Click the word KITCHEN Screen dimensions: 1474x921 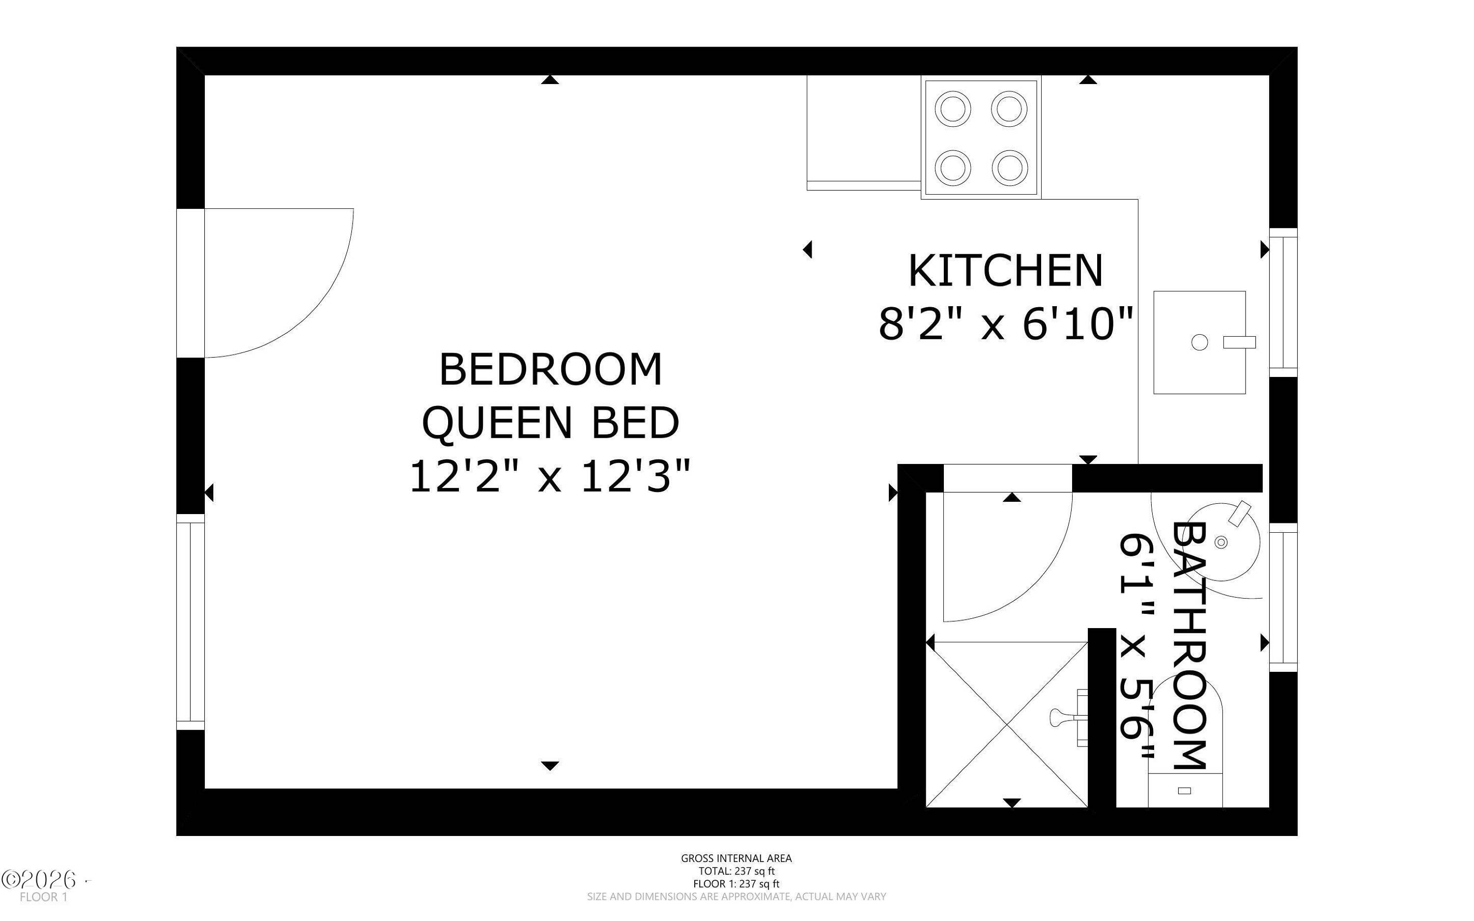coord(1005,271)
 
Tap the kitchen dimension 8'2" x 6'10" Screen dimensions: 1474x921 coord(1005,323)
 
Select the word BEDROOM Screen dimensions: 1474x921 coord(550,369)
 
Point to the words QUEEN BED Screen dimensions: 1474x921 coord(550,423)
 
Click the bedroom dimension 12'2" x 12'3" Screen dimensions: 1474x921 coord(550,476)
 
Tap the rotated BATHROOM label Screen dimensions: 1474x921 coord(1189,645)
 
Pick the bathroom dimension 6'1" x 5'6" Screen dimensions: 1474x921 coord(1136,646)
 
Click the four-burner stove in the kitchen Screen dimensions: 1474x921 coord(981,138)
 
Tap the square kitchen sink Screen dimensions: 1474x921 coord(1199,343)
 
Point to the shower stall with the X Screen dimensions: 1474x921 coord(1007,725)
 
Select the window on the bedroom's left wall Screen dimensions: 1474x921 coord(191,622)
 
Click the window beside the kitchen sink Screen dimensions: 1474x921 coord(1283,303)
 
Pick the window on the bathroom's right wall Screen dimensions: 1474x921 coord(1283,598)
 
